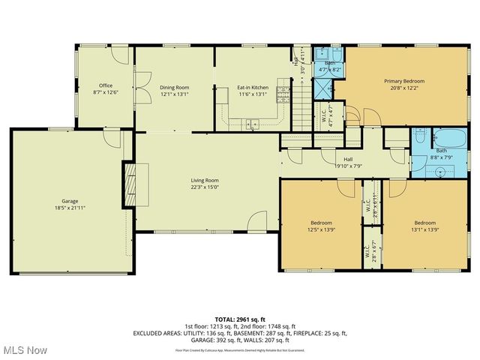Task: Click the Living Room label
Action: (x=204, y=180)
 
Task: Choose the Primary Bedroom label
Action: (x=404, y=81)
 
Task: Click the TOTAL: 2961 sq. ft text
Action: (x=239, y=319)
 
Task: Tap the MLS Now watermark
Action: (x=24, y=350)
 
